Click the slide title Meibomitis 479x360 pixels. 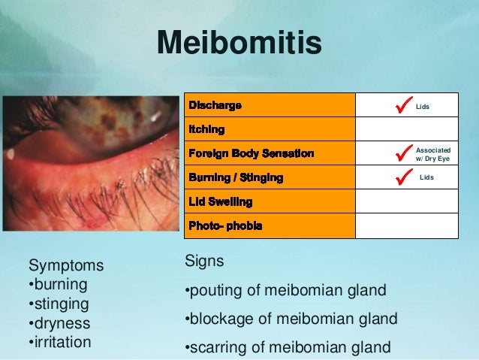[239, 44]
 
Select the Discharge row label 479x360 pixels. [215, 106]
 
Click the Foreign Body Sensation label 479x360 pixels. [251, 154]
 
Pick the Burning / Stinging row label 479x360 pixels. [236, 178]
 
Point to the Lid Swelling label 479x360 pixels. [220, 202]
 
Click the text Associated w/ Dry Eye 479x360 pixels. [433, 154]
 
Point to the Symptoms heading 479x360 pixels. [66, 266]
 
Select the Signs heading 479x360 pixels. [204, 262]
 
